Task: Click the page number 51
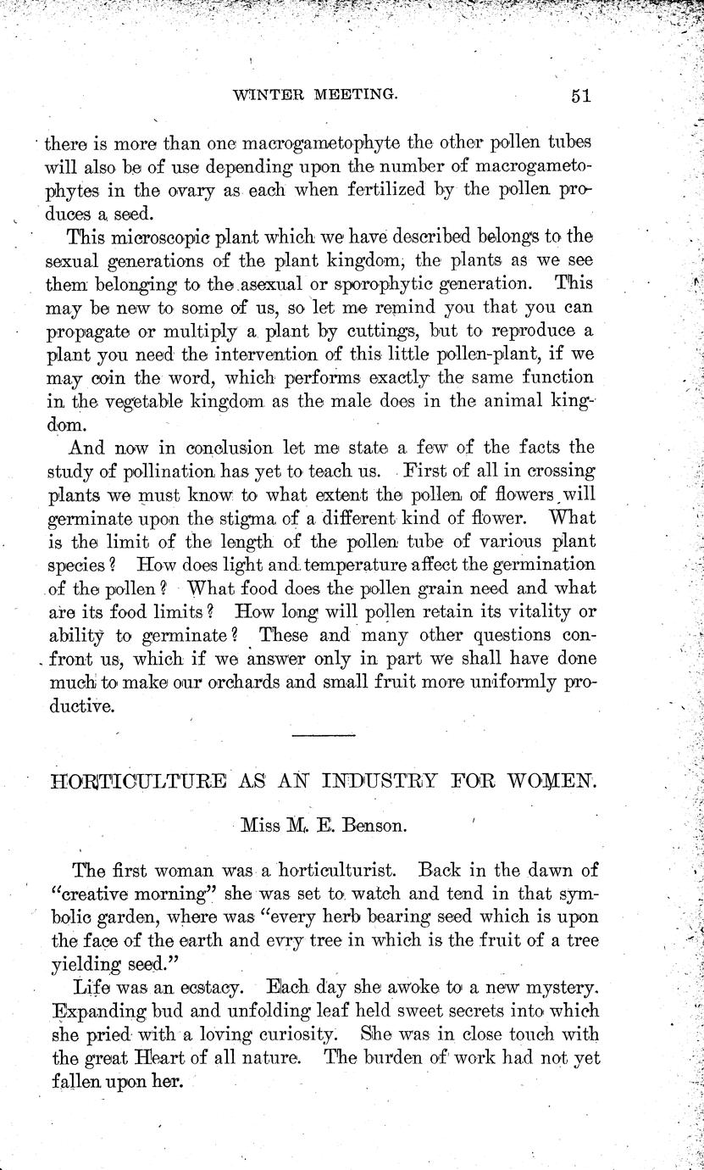tap(579, 95)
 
